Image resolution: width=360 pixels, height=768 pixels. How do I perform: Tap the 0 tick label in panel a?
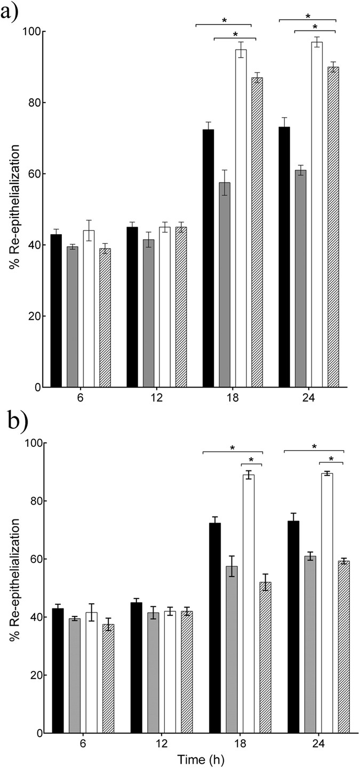pos(37,387)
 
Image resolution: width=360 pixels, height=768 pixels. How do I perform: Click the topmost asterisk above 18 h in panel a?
pos(224,20)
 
